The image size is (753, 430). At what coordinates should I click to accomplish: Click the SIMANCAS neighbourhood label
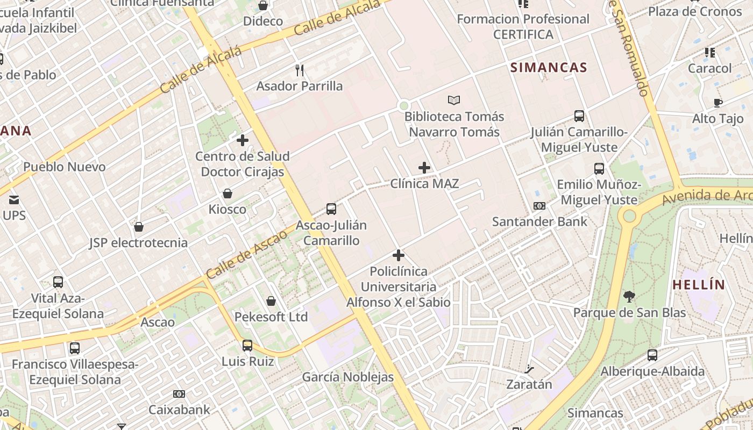549,67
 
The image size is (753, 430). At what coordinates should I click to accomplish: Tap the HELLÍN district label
699,285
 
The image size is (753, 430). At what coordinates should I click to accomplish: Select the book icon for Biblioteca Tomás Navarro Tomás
454,100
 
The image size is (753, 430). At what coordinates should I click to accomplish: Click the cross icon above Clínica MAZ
424,168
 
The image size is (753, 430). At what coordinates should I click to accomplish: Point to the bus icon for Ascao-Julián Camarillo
331,209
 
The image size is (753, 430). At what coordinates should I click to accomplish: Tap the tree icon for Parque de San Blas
629,296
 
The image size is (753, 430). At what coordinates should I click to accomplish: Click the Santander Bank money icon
539,205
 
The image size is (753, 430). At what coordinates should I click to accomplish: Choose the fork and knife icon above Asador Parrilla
300,70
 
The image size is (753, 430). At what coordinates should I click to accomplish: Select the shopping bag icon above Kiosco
228,193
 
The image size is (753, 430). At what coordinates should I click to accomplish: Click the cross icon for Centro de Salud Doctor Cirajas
243,140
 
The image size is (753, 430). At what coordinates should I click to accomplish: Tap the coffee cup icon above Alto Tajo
718,103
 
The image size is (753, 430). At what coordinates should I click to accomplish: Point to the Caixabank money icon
179,394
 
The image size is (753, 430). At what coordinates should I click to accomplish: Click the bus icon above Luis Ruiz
247,345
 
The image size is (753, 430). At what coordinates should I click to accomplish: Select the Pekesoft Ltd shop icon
271,301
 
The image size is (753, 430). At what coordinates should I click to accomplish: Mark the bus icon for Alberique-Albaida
652,355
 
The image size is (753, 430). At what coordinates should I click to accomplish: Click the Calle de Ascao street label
246,254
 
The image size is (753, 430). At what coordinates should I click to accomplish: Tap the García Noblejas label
347,377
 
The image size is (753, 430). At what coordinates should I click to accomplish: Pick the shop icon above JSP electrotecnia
139,227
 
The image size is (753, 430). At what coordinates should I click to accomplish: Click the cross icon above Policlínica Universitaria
399,255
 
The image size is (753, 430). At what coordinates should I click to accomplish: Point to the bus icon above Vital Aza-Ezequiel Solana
58,282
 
